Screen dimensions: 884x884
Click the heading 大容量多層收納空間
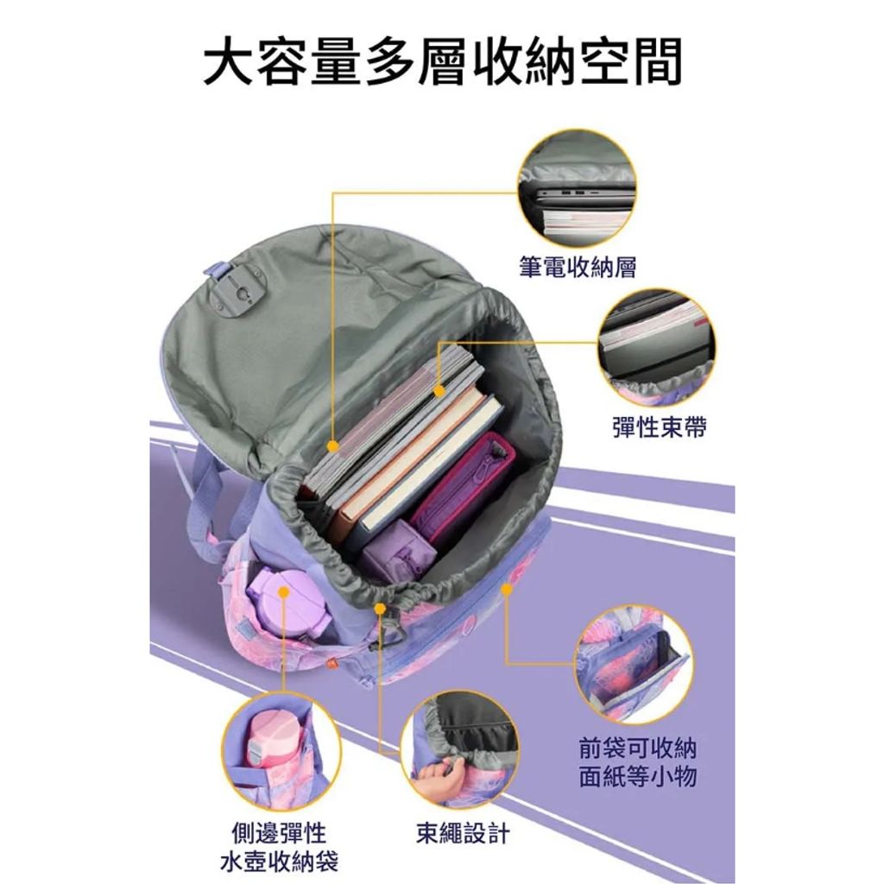coord(442,62)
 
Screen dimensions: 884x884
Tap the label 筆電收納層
coord(577,267)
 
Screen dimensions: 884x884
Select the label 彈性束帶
coord(659,426)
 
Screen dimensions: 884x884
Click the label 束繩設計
coord(463,833)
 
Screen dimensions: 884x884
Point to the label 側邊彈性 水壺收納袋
coord(278,847)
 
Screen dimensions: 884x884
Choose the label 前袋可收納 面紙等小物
coord(637,762)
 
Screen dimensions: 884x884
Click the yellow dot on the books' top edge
coord(440,391)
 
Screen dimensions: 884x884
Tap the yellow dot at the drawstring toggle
coord(380,609)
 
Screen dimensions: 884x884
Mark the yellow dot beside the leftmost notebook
coord(333,446)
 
